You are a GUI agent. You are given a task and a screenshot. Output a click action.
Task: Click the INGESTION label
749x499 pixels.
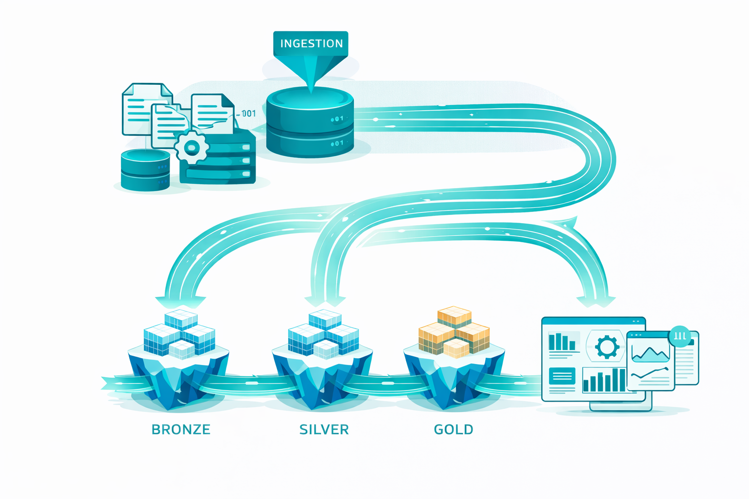[311, 43]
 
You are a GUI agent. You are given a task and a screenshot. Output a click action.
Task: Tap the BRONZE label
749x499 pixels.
[181, 429]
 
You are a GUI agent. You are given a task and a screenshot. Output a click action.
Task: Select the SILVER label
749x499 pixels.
[324, 429]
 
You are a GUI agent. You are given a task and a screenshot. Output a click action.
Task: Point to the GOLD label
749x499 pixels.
[453, 429]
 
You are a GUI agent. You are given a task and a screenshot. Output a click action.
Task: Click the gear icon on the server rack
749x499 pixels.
[191, 147]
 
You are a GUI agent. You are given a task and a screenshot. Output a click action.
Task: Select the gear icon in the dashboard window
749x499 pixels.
[607, 347]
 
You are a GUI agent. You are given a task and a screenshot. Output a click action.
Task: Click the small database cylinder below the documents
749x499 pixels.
[145, 170]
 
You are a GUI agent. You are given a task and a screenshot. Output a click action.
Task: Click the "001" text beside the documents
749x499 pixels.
[248, 114]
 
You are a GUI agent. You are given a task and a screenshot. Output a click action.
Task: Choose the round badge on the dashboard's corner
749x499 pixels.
[680, 336]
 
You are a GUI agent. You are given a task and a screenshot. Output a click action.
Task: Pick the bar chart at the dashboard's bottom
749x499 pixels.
[604, 380]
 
